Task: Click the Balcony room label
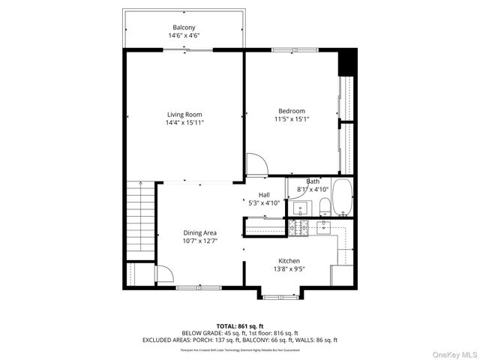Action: click(x=184, y=28)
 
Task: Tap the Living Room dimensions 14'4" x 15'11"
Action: click(x=184, y=122)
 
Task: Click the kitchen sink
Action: click(x=324, y=226)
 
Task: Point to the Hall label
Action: click(x=264, y=195)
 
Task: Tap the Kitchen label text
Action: click(x=289, y=260)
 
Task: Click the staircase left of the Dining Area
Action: click(x=138, y=218)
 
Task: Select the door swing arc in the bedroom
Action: click(x=256, y=164)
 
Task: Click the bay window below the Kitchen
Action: click(x=284, y=296)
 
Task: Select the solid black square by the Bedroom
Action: click(x=347, y=62)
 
